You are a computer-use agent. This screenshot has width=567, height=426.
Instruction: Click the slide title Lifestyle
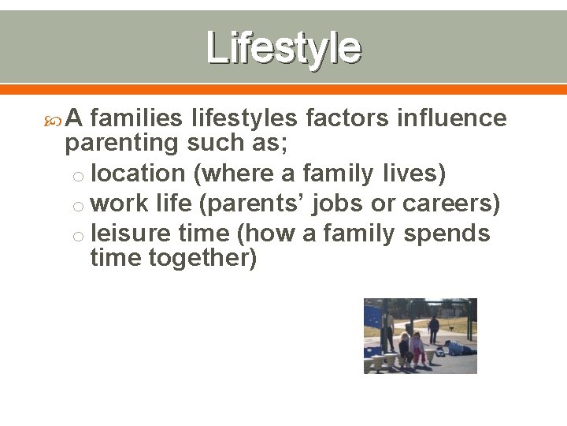pyautogui.click(x=283, y=47)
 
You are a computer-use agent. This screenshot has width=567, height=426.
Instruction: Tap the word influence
pyautogui.click(x=452, y=118)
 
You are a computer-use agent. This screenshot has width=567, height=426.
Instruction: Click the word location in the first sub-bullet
pyautogui.click(x=133, y=173)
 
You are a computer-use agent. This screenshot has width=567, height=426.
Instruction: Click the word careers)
pyautogui.click(x=451, y=204)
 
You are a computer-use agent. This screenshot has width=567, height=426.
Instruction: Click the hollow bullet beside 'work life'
pyautogui.click(x=78, y=206)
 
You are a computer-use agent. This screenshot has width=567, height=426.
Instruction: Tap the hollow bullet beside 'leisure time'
pyautogui.click(x=78, y=236)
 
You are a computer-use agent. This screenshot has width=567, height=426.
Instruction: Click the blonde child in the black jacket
pyautogui.click(x=405, y=349)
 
